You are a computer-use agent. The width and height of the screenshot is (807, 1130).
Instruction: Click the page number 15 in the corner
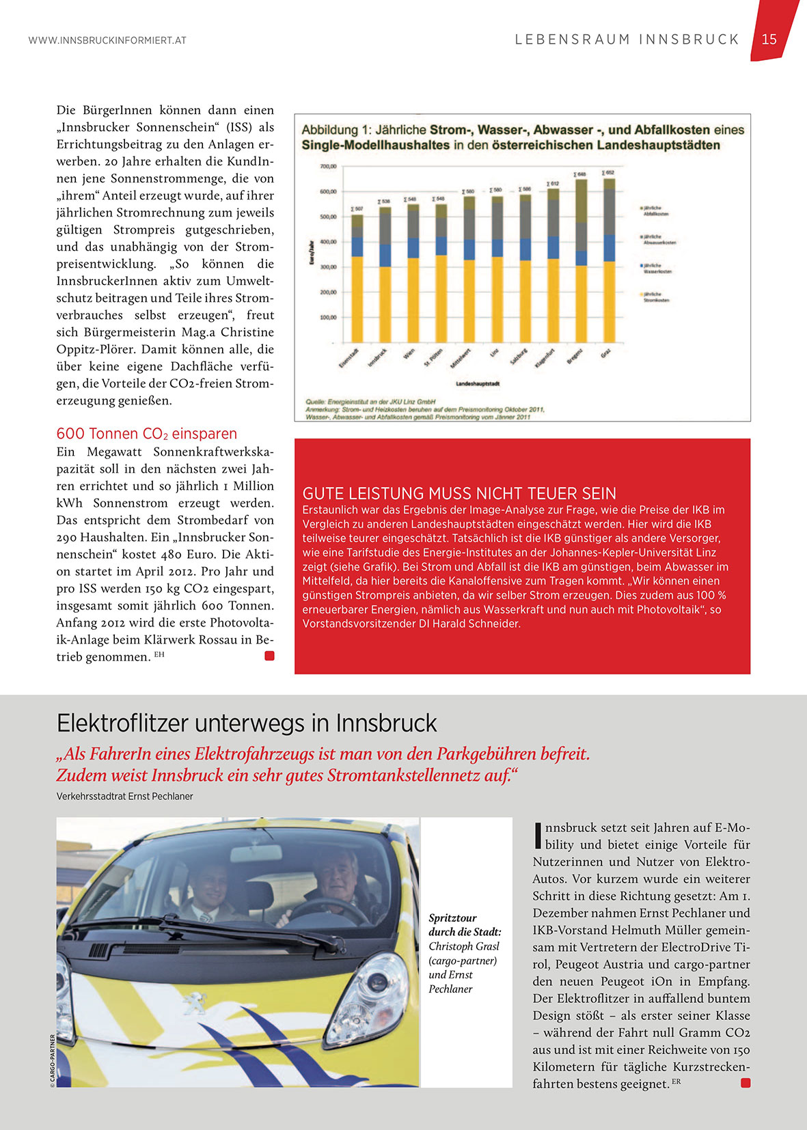pyautogui.click(x=769, y=40)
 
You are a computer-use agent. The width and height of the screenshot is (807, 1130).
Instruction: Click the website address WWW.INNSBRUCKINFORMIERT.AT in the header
pyautogui.click(x=107, y=40)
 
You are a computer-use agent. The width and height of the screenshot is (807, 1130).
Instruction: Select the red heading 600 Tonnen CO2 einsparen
pyautogui.click(x=146, y=434)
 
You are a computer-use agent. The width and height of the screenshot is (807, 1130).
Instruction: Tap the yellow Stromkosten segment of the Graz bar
pyautogui.click(x=608, y=301)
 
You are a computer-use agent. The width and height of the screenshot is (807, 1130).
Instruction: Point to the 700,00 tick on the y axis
pyautogui.click(x=329, y=166)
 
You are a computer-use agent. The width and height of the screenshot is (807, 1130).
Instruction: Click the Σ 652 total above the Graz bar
pyautogui.click(x=607, y=173)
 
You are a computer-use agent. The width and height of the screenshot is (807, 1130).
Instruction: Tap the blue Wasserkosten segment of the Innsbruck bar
pyautogui.click(x=385, y=255)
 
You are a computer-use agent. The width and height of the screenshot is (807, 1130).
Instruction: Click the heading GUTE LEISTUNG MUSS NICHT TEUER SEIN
pyautogui.click(x=459, y=493)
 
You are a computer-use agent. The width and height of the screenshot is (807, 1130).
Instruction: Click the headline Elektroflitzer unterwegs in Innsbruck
pyautogui.click(x=247, y=723)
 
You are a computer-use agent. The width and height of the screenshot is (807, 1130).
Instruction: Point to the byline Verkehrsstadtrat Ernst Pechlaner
pyautogui.click(x=124, y=796)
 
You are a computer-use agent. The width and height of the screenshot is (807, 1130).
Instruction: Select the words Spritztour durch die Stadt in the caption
pyautogui.click(x=465, y=925)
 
